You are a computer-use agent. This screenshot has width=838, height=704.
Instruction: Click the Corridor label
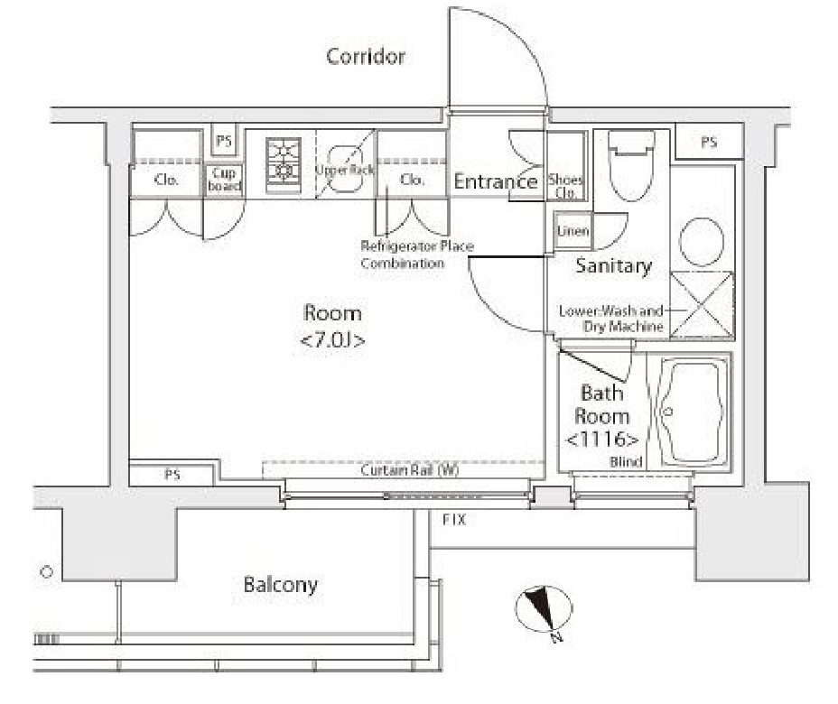click(x=366, y=56)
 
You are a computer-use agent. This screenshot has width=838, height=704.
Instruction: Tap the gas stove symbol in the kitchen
click(x=284, y=164)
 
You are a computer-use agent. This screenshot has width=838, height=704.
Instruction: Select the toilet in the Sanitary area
click(x=632, y=165)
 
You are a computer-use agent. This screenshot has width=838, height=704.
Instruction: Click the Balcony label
click(x=280, y=585)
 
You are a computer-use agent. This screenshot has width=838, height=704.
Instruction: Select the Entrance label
click(x=496, y=181)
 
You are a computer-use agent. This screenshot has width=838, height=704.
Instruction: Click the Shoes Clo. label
click(x=565, y=186)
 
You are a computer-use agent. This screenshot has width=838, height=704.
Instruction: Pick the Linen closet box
click(x=573, y=231)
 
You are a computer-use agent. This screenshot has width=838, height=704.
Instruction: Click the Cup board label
click(x=225, y=180)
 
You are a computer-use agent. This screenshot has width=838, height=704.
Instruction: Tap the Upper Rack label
click(x=345, y=170)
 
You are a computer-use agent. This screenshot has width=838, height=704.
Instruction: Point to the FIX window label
click(x=454, y=519)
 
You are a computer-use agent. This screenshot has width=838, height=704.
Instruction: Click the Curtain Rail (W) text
click(x=409, y=470)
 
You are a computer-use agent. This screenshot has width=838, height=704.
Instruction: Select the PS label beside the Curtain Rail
click(x=172, y=475)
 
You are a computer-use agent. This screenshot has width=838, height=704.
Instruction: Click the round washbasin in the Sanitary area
click(x=702, y=242)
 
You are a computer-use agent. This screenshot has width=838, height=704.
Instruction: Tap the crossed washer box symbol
click(x=703, y=304)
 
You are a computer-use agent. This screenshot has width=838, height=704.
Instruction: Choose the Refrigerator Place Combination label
click(x=417, y=255)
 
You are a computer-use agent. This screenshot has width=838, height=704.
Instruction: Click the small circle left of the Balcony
click(x=47, y=572)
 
